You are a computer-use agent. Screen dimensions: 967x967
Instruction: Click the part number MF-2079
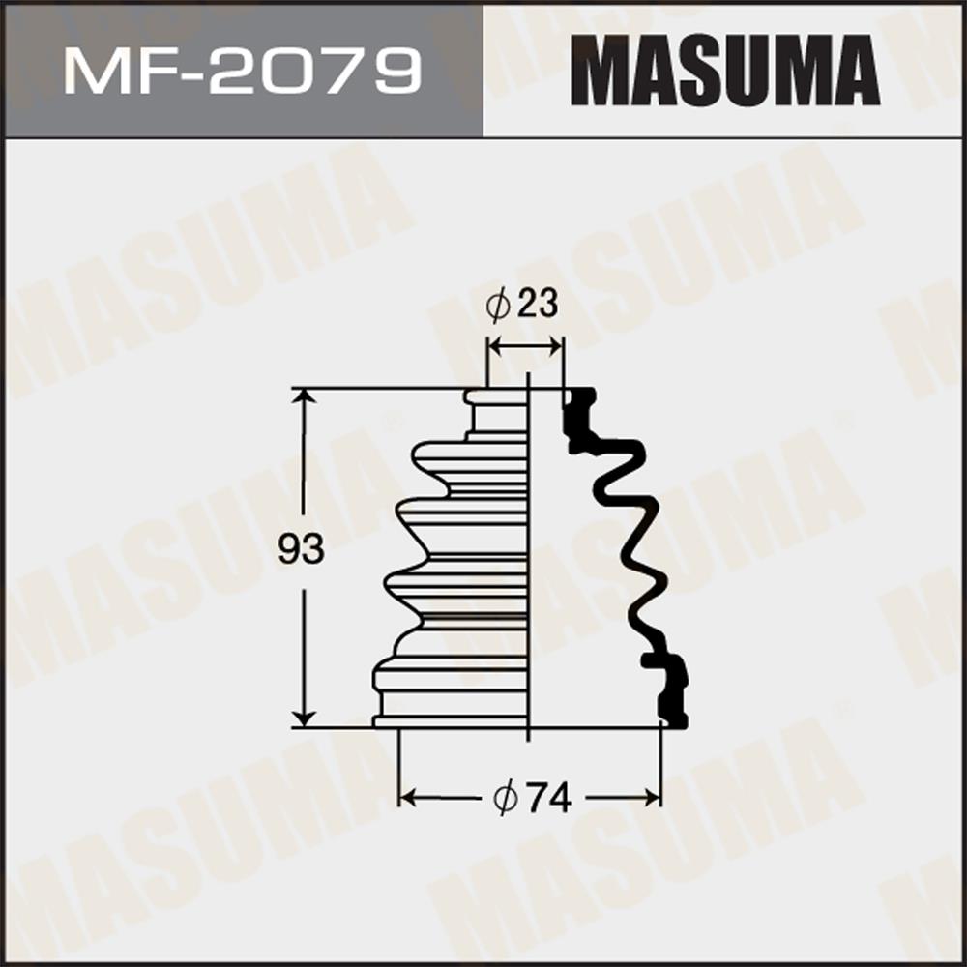[243, 73]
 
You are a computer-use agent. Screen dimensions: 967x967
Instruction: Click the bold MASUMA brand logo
[725, 71]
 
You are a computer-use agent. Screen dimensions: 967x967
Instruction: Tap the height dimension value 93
[301, 549]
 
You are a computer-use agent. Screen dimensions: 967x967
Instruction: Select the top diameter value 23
[537, 304]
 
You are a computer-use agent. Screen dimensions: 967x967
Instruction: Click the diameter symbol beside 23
[498, 305]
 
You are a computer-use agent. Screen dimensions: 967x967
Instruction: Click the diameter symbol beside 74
[506, 800]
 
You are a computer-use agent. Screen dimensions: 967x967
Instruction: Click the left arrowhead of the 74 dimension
[408, 798]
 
